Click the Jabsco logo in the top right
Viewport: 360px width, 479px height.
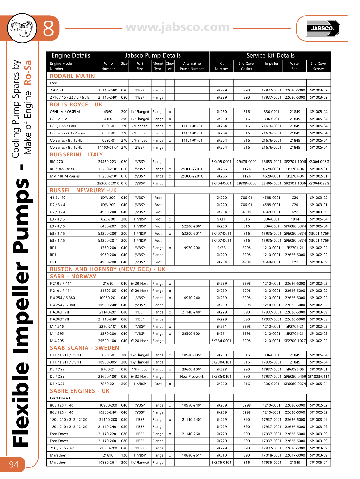(x=323, y=28)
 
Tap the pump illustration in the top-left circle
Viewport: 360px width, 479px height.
(x=22, y=28)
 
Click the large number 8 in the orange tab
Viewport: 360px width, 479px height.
(x=49, y=29)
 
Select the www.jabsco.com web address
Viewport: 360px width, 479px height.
(x=178, y=27)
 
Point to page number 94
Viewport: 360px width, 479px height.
(x=14, y=464)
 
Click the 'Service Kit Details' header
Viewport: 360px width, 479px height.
(x=270, y=55)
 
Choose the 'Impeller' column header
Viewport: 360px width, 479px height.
(x=271, y=63)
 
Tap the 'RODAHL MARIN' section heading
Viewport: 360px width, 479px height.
(x=72, y=76)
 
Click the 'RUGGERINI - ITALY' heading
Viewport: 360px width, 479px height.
(x=77, y=155)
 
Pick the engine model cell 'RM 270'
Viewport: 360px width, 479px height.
(x=56, y=162)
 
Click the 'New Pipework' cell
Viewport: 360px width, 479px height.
(x=192, y=376)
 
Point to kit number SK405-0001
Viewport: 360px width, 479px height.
(x=221, y=162)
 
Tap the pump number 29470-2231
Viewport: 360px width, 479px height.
(x=108, y=162)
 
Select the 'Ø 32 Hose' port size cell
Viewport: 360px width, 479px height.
(x=140, y=376)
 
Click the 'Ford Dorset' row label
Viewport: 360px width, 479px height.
(x=60, y=398)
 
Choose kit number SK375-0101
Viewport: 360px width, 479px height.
(x=221, y=463)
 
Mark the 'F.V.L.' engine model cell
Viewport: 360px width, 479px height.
(x=54, y=262)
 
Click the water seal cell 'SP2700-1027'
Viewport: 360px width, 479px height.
(x=295, y=341)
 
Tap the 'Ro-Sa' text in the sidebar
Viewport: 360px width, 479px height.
(x=28, y=72)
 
